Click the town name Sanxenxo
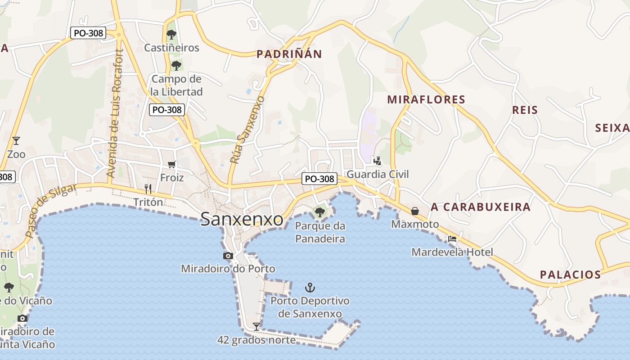pyautogui.click(x=242, y=219)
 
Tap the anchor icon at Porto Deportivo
pyautogui.click(x=310, y=287)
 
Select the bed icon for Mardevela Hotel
pyautogui.click(x=452, y=238)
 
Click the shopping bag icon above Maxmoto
pyautogui.click(x=415, y=211)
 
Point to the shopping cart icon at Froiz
pyautogui.click(x=171, y=164)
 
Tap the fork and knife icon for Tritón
pyautogui.click(x=148, y=189)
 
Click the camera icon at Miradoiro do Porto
pyautogui.click(x=228, y=256)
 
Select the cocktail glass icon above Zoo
pyautogui.click(x=16, y=141)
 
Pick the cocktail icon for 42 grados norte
pyautogui.click(x=256, y=326)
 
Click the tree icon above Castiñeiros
pyautogui.click(x=171, y=34)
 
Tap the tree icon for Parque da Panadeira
pyautogui.click(x=320, y=211)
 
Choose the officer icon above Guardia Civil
pyautogui.click(x=377, y=161)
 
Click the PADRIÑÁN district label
pyautogui.click(x=289, y=54)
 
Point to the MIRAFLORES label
pyautogui.click(x=426, y=99)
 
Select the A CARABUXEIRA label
pyautogui.click(x=481, y=207)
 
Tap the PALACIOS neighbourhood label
pyautogui.click(x=570, y=274)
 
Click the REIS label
pyautogui.click(x=525, y=110)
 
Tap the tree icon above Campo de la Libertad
pyautogui.click(x=176, y=66)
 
